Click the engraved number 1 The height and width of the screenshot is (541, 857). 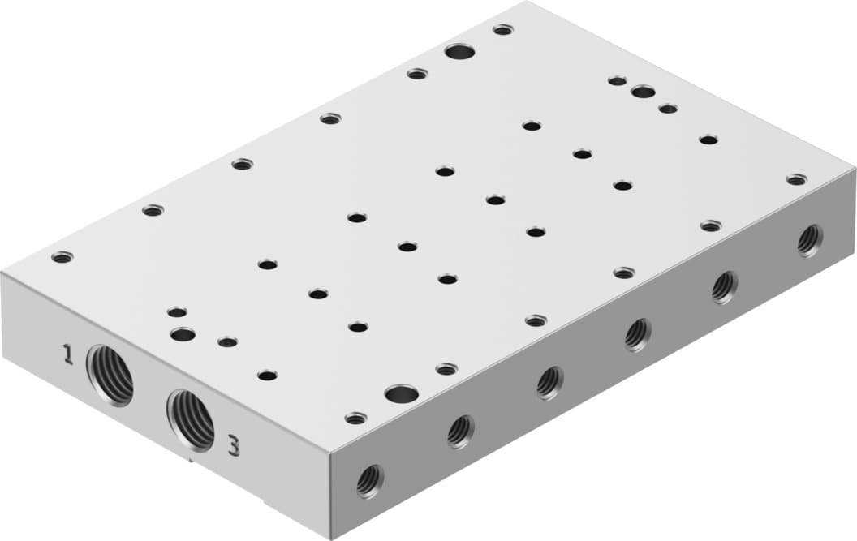[68, 354]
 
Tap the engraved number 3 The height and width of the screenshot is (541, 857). [234, 444]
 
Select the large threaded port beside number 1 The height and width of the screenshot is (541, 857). [110, 373]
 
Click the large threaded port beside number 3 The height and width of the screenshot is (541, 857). [191, 419]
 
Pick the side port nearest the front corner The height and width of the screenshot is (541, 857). [369, 481]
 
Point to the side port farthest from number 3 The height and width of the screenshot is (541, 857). [809, 240]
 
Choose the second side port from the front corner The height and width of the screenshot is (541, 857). [460, 432]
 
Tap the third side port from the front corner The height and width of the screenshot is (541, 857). [549, 382]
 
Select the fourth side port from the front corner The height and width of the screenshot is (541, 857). [638, 334]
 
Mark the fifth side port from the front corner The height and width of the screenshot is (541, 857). [724, 286]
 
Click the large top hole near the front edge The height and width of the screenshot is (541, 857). [401, 395]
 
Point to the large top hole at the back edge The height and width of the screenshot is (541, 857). [460, 54]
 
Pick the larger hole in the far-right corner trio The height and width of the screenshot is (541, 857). [643, 92]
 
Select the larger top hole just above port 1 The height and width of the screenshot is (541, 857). [183, 333]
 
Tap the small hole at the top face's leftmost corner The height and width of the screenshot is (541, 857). [62, 258]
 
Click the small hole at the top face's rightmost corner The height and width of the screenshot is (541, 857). [796, 178]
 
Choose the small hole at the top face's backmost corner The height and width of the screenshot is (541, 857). [503, 30]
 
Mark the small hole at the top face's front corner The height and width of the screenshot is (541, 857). [355, 419]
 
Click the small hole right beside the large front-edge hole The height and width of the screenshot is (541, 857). [446, 369]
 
